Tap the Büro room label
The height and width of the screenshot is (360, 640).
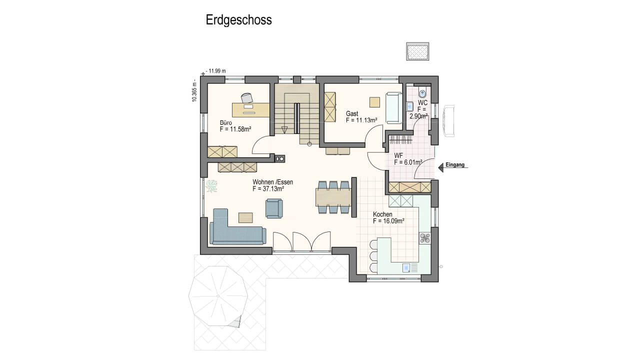click(x=225, y=122)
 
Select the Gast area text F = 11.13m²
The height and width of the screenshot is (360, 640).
click(x=361, y=120)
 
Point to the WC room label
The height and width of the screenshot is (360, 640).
click(x=423, y=102)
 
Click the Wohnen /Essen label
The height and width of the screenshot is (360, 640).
click(x=273, y=182)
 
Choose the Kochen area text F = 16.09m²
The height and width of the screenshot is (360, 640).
click(x=388, y=221)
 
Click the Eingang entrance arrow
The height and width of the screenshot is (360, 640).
click(x=441, y=167)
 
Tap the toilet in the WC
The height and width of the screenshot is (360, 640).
click(x=422, y=92)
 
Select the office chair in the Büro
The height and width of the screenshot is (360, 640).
click(x=247, y=98)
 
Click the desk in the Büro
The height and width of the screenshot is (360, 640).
click(x=251, y=110)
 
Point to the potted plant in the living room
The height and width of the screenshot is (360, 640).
click(x=211, y=186)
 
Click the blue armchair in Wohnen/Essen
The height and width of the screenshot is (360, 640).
click(x=274, y=208)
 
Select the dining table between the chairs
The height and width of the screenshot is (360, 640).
click(x=333, y=197)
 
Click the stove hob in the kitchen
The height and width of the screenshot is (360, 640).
click(x=425, y=238)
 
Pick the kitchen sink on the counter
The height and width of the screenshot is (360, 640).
click(x=406, y=267)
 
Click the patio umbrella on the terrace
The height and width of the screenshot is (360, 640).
click(x=218, y=296)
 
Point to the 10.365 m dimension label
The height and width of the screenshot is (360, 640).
click(x=194, y=91)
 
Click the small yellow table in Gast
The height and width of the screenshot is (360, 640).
click(x=374, y=102)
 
